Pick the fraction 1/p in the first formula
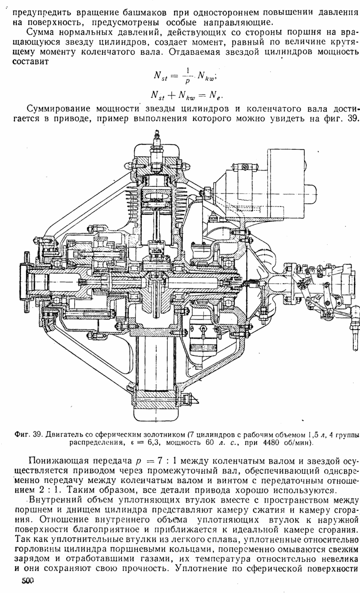pyautogui.click(x=187, y=76)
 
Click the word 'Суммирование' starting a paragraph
pyautogui.click(x=59, y=109)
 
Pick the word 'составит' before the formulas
pyautogui.click(x=31, y=62)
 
